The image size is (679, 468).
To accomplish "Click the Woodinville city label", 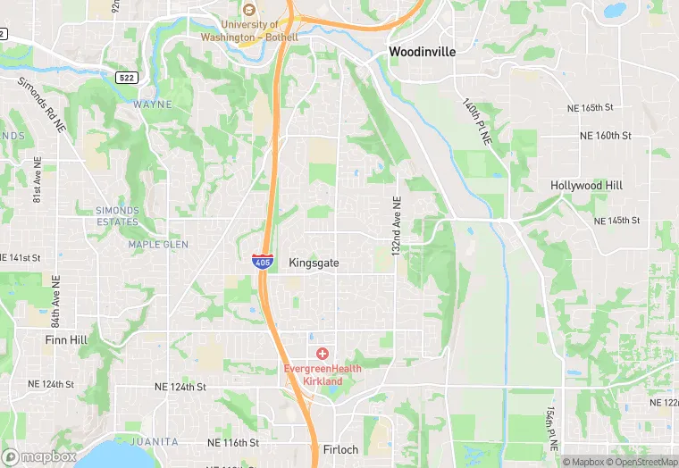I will pyautogui.click(x=422, y=52).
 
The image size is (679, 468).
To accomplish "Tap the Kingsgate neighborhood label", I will pyautogui.click(x=314, y=263).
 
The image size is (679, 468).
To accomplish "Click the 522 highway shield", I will pyautogui.click(x=128, y=79).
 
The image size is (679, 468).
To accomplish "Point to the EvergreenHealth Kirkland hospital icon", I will pyautogui.click(x=322, y=354).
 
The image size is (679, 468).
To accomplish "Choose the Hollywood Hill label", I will pyautogui.click(x=586, y=186).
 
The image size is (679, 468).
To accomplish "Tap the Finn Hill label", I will pyautogui.click(x=63, y=339).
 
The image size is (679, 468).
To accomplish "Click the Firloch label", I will pyautogui.click(x=341, y=449).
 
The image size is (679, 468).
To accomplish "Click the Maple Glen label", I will pyautogui.click(x=158, y=244).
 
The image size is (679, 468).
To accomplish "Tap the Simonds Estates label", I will pyautogui.click(x=118, y=215).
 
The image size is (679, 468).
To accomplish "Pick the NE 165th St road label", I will pyautogui.click(x=591, y=107).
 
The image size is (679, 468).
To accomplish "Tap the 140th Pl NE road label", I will pyautogui.click(x=477, y=121).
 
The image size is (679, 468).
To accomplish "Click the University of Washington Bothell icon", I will pyautogui.click(x=248, y=9).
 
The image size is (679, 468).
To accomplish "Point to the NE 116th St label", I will pyautogui.click(x=232, y=442).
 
